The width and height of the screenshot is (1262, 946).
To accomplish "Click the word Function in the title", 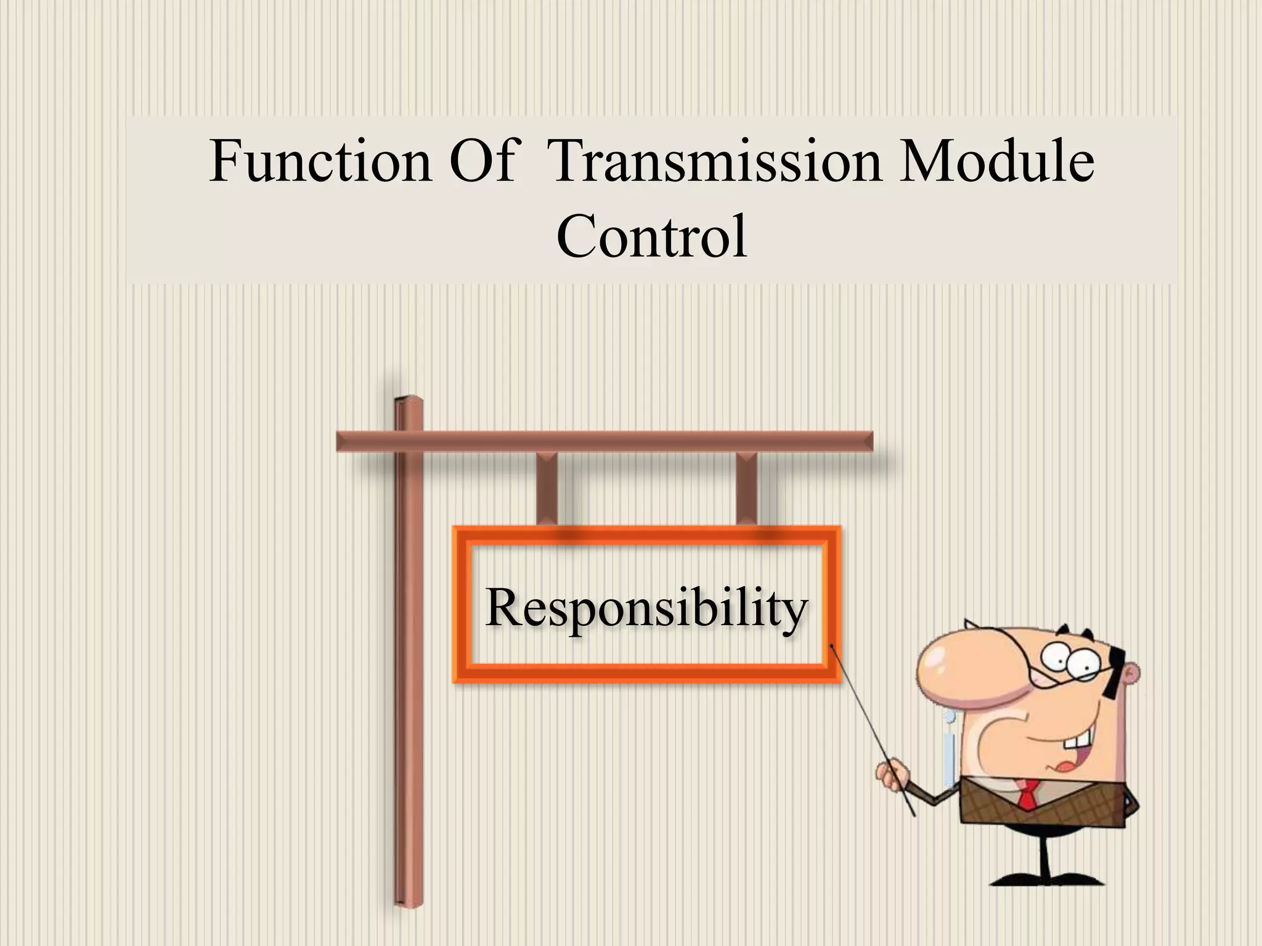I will coord(320,161).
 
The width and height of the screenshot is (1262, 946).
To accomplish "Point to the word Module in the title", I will coord(996,161).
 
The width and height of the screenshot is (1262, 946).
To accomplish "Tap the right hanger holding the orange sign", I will coord(746,489).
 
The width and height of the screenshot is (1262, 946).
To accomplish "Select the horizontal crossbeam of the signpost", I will coord(604,442).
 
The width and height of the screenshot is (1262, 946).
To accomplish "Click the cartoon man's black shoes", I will coord(1048,878).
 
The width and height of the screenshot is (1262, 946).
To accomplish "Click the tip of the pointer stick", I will coord(833,645).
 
